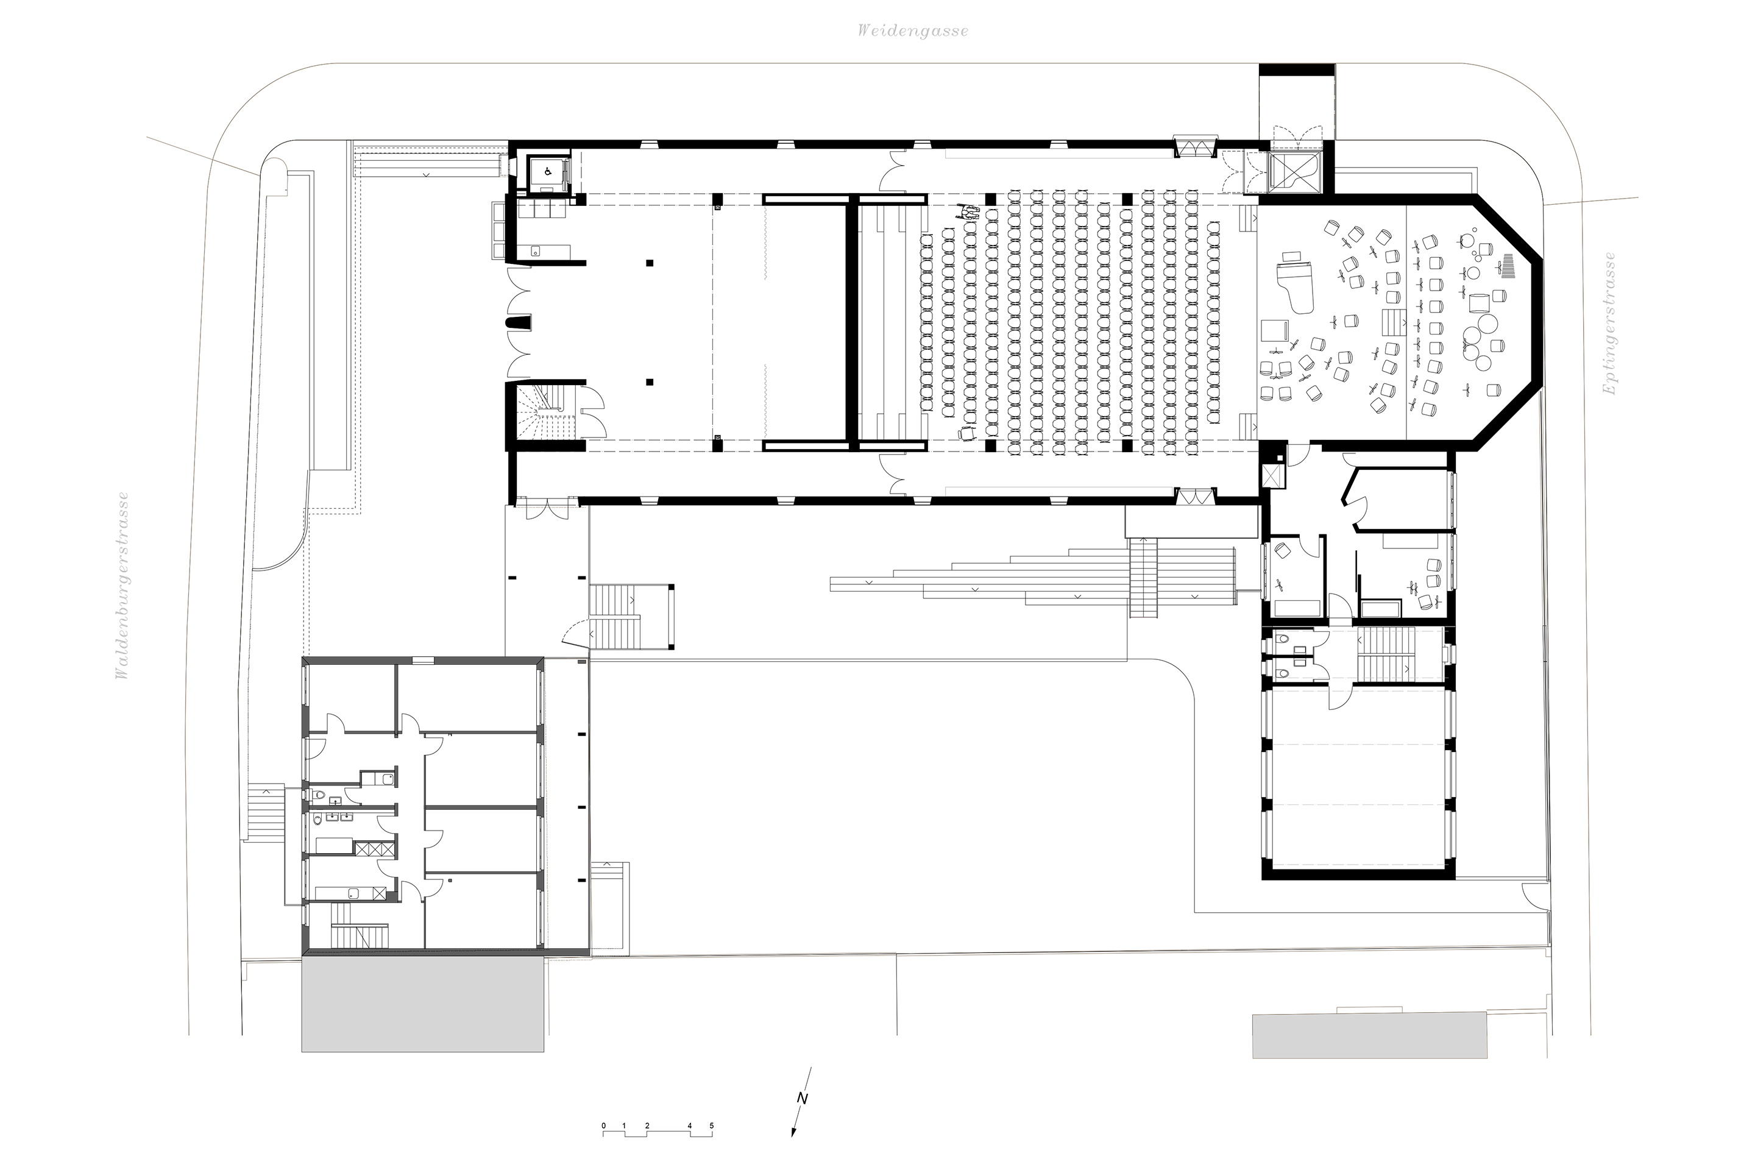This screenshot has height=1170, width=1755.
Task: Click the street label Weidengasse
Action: click(x=913, y=30)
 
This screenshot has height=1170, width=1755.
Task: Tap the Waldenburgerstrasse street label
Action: click(x=122, y=586)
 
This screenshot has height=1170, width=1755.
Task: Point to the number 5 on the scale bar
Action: click(x=711, y=1146)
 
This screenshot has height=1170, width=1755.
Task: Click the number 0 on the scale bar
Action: click(x=604, y=1146)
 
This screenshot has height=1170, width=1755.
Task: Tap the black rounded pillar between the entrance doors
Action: click(x=519, y=323)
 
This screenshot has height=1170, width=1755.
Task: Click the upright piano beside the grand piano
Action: click(x=1273, y=332)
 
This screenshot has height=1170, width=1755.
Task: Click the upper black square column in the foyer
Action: click(x=650, y=263)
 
